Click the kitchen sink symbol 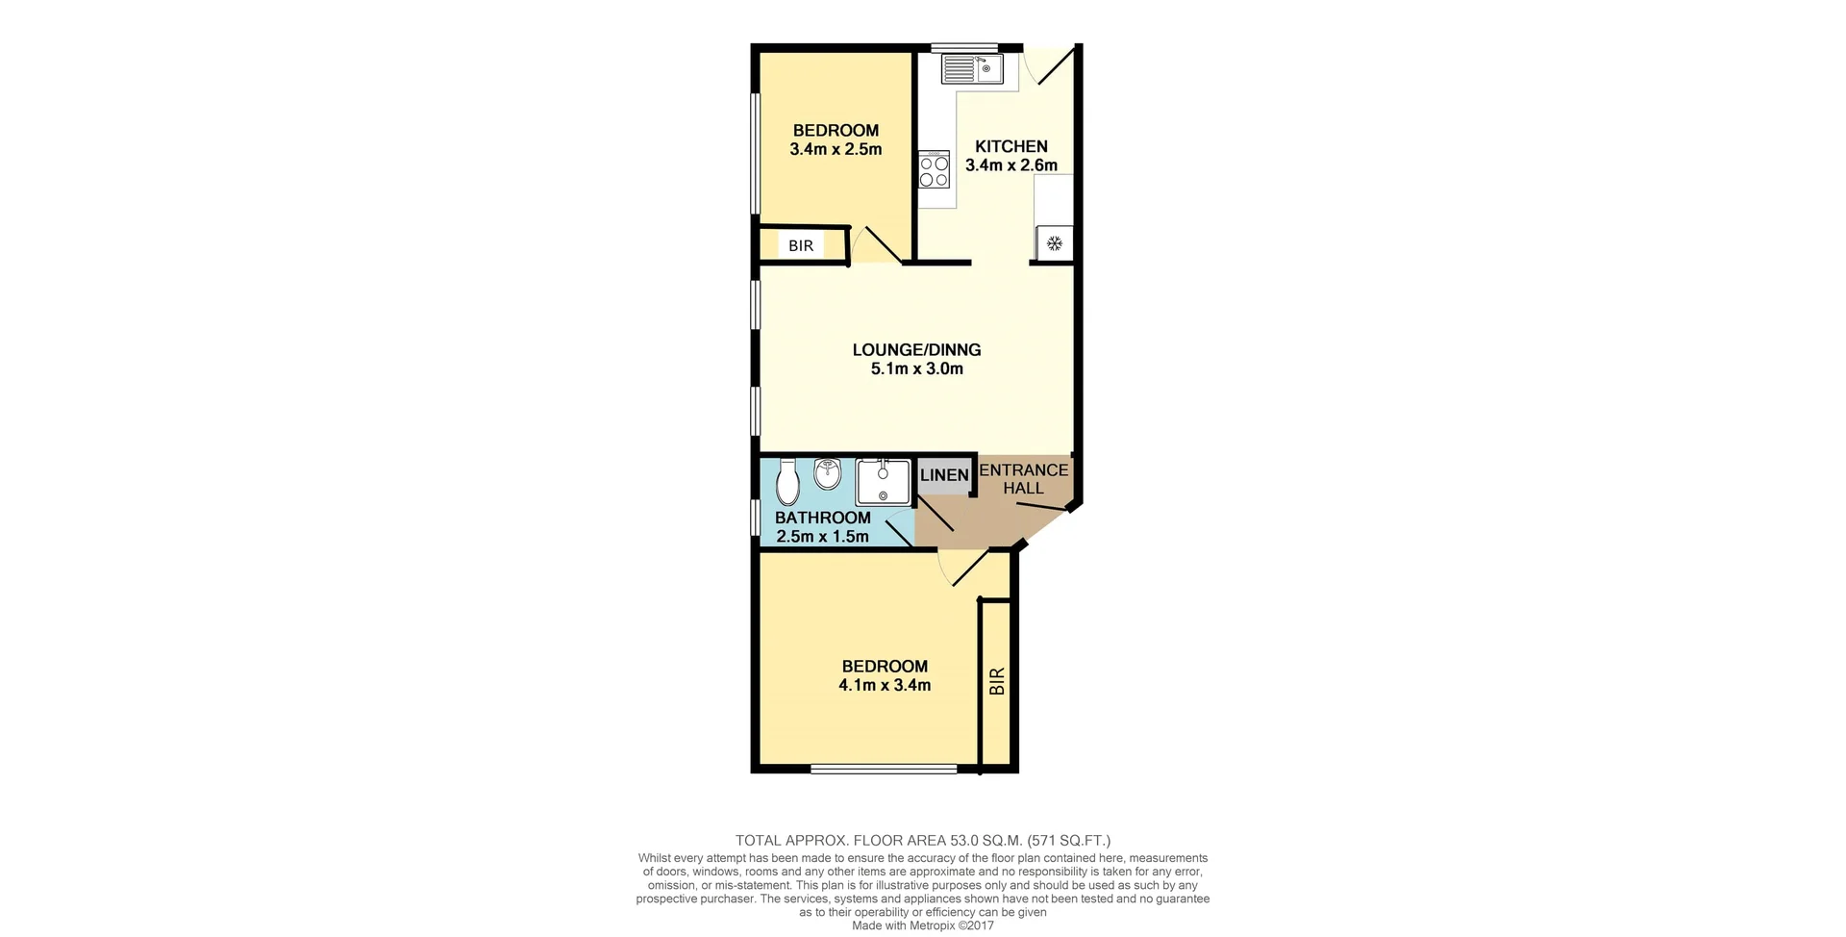(972, 68)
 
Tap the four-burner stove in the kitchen (934, 171)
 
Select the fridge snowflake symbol (1054, 243)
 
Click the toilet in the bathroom (787, 482)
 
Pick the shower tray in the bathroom (883, 482)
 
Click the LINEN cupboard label (944, 475)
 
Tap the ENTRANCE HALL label (1023, 479)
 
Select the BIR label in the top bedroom (801, 245)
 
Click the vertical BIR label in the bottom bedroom (997, 681)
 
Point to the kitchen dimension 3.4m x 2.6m (1010, 165)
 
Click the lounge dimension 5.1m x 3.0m (916, 369)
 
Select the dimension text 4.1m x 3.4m (884, 686)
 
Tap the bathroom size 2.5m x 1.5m (822, 537)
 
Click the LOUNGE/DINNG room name (916, 350)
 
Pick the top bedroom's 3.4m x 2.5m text (835, 150)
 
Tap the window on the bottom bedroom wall (883, 769)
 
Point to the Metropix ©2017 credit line (922, 925)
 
